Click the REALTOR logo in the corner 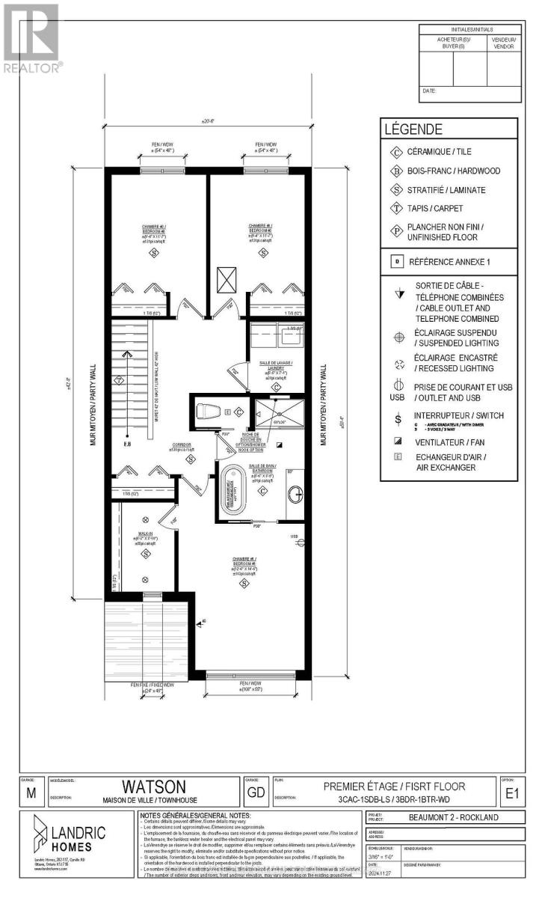[x=31, y=37]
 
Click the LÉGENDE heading [x=413, y=129]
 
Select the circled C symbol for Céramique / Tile [x=394, y=152]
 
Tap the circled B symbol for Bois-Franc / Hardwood [x=394, y=171]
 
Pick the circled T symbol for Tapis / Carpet [x=394, y=209]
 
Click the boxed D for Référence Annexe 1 [x=396, y=262]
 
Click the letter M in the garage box [x=30, y=794]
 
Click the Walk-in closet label [x=145, y=535]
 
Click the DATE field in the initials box [x=429, y=91]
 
